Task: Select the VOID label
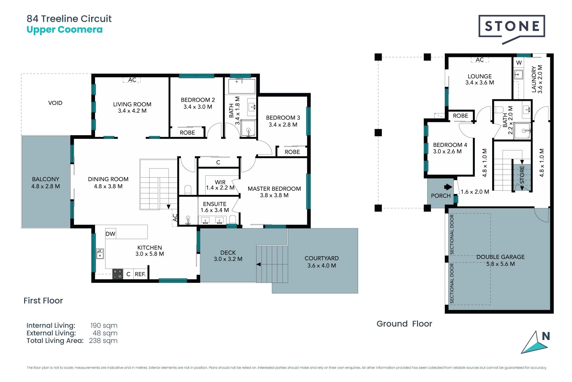point(55,103)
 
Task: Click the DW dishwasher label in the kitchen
point(110,234)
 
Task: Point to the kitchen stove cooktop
point(118,274)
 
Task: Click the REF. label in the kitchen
point(140,274)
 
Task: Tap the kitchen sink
point(100,254)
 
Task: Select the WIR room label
point(220,182)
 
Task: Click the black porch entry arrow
point(448,187)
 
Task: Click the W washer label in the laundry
point(519,63)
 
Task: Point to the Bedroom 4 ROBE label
point(460,115)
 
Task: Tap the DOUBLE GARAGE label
point(500,257)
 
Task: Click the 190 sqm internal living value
point(104,325)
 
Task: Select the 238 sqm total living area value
point(103,341)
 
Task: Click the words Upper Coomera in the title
point(65,30)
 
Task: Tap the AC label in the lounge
point(480,60)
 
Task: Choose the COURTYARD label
point(321,258)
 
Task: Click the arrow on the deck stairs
point(259,264)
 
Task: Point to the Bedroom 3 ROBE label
point(292,152)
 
